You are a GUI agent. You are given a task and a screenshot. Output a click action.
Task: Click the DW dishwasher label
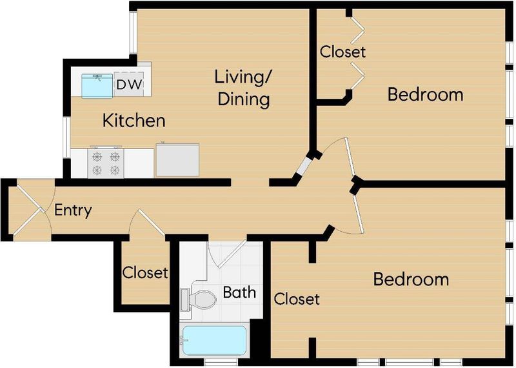click(x=130, y=85)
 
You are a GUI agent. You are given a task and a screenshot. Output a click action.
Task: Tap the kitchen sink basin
click(x=97, y=86)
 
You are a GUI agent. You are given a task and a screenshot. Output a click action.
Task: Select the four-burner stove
click(x=106, y=163)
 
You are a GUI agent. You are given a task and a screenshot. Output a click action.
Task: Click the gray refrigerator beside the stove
click(x=177, y=159)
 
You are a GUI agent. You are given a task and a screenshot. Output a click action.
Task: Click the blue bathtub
click(x=215, y=341)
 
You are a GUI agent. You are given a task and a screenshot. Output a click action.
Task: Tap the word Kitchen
click(x=134, y=120)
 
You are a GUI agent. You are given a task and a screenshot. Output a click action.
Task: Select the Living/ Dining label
click(x=244, y=88)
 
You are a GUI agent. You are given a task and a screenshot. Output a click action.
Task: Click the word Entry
click(x=73, y=210)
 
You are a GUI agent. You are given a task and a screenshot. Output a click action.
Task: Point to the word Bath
click(x=239, y=292)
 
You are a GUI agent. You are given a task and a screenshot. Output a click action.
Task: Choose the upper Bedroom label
click(x=425, y=94)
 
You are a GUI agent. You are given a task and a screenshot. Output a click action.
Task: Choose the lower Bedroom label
click(x=411, y=279)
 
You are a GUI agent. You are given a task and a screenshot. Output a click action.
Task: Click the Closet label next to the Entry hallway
click(x=145, y=272)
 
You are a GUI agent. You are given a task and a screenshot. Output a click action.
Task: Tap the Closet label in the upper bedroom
click(x=342, y=52)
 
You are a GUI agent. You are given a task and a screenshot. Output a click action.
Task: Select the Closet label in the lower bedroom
click(x=297, y=299)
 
